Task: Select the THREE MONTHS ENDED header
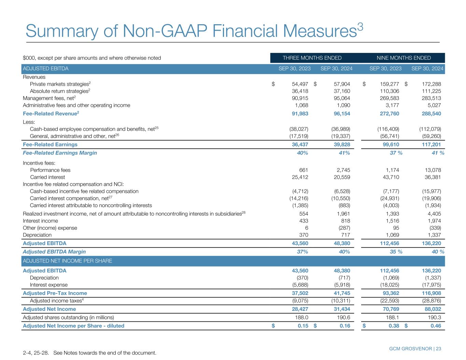pos(312,58)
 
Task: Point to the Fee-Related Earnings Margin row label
pos(60,153)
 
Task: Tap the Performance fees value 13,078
pos(432,170)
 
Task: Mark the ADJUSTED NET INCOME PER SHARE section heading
pos(68,261)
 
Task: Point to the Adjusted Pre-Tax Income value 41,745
pos(341,293)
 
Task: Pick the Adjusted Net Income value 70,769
pos(389,309)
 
